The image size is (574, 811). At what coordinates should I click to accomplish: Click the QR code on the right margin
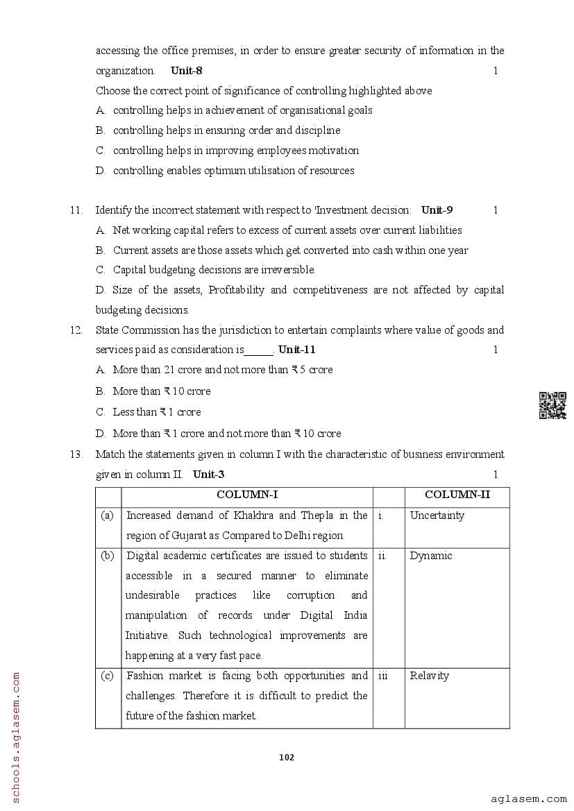[x=552, y=406]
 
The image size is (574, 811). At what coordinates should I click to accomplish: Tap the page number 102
[x=286, y=757]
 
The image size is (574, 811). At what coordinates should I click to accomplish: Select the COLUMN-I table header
[x=247, y=495]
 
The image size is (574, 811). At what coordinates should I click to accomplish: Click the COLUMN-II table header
[x=457, y=495]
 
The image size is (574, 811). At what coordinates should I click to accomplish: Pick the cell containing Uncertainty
[x=437, y=515]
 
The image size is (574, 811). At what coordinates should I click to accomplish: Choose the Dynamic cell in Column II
[x=430, y=556]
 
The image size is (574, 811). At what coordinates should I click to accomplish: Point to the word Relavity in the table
[x=429, y=676]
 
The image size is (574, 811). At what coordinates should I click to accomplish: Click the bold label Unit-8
[x=186, y=71]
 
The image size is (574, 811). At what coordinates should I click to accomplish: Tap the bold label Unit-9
[x=437, y=210]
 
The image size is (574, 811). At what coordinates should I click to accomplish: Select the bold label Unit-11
[x=296, y=350]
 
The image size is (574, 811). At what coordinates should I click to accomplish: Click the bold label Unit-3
[x=208, y=475]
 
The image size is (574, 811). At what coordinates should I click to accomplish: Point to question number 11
[x=76, y=210]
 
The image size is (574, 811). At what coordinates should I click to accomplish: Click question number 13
[x=76, y=455]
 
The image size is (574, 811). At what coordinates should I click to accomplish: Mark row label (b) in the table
[x=108, y=556]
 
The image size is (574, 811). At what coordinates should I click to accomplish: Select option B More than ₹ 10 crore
[x=161, y=391]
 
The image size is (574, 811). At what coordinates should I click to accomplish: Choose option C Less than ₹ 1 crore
[x=156, y=412]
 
